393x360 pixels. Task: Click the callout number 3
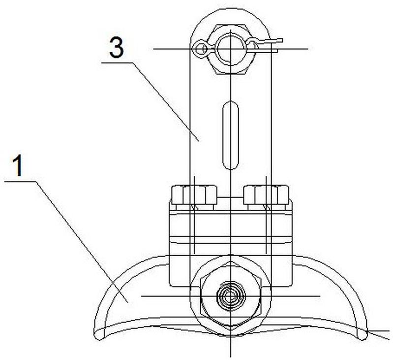(x=117, y=48)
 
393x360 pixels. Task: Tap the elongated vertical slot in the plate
(x=231, y=135)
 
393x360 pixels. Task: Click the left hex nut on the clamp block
(x=194, y=195)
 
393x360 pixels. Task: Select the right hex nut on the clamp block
(x=266, y=195)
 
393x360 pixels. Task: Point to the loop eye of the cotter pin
(x=200, y=49)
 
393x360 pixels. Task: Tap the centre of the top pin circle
(x=231, y=49)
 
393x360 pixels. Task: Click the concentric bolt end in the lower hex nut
(x=231, y=296)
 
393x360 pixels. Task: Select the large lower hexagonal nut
(x=231, y=296)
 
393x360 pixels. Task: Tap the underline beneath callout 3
(x=117, y=63)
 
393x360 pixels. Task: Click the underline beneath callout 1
(x=20, y=181)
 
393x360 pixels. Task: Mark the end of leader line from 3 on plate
(x=199, y=141)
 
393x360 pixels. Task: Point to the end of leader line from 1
(x=128, y=302)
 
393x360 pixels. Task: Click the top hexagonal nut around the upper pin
(x=231, y=49)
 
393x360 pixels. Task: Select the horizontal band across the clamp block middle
(x=231, y=240)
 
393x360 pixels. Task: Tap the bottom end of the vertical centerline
(x=231, y=357)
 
